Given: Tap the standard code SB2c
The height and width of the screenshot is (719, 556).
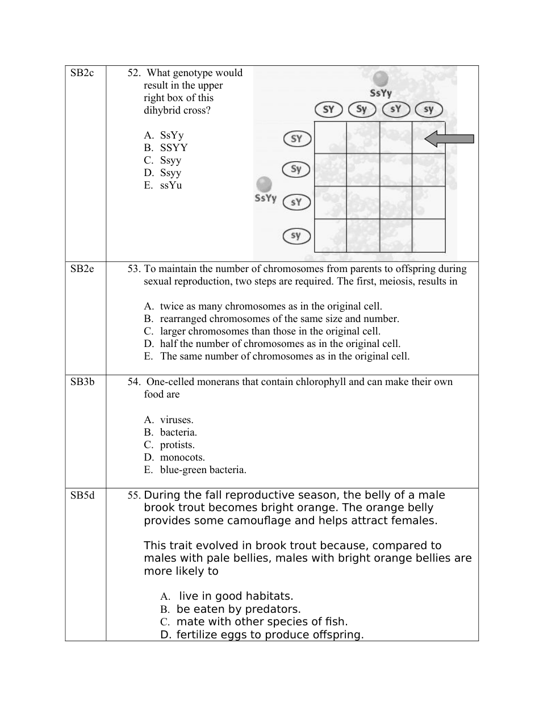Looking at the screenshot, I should pyautogui.click(x=82, y=73).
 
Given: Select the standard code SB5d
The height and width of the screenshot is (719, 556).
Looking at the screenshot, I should pyautogui.click(x=82, y=495).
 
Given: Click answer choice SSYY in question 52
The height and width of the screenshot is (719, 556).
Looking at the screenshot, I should pyautogui.click(x=173, y=148).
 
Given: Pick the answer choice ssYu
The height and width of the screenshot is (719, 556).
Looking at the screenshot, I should pyautogui.click(x=171, y=185).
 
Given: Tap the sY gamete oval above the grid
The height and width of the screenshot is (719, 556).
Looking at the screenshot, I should pyautogui.click(x=396, y=109).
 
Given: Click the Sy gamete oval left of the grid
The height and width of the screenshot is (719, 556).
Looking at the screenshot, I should pyautogui.click(x=296, y=169).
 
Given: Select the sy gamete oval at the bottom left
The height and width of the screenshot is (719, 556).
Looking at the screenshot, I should pyautogui.click(x=296, y=236).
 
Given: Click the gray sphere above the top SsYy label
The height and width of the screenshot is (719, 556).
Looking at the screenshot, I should pyautogui.click(x=381, y=79).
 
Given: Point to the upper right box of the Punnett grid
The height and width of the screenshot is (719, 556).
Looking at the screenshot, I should pyautogui.click(x=429, y=138).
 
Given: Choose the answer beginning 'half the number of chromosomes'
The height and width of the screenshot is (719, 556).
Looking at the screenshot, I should pyautogui.click(x=280, y=344).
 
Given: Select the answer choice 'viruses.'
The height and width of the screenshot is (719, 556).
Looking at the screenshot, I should pyautogui.click(x=177, y=420).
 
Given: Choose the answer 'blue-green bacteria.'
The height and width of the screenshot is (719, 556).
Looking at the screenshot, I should pyautogui.click(x=203, y=470).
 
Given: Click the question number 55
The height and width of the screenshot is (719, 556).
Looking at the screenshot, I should pyautogui.click(x=133, y=495).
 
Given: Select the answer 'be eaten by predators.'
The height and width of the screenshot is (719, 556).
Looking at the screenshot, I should pyautogui.click(x=238, y=609).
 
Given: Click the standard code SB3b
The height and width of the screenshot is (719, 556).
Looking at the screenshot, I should pyautogui.click(x=82, y=382).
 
